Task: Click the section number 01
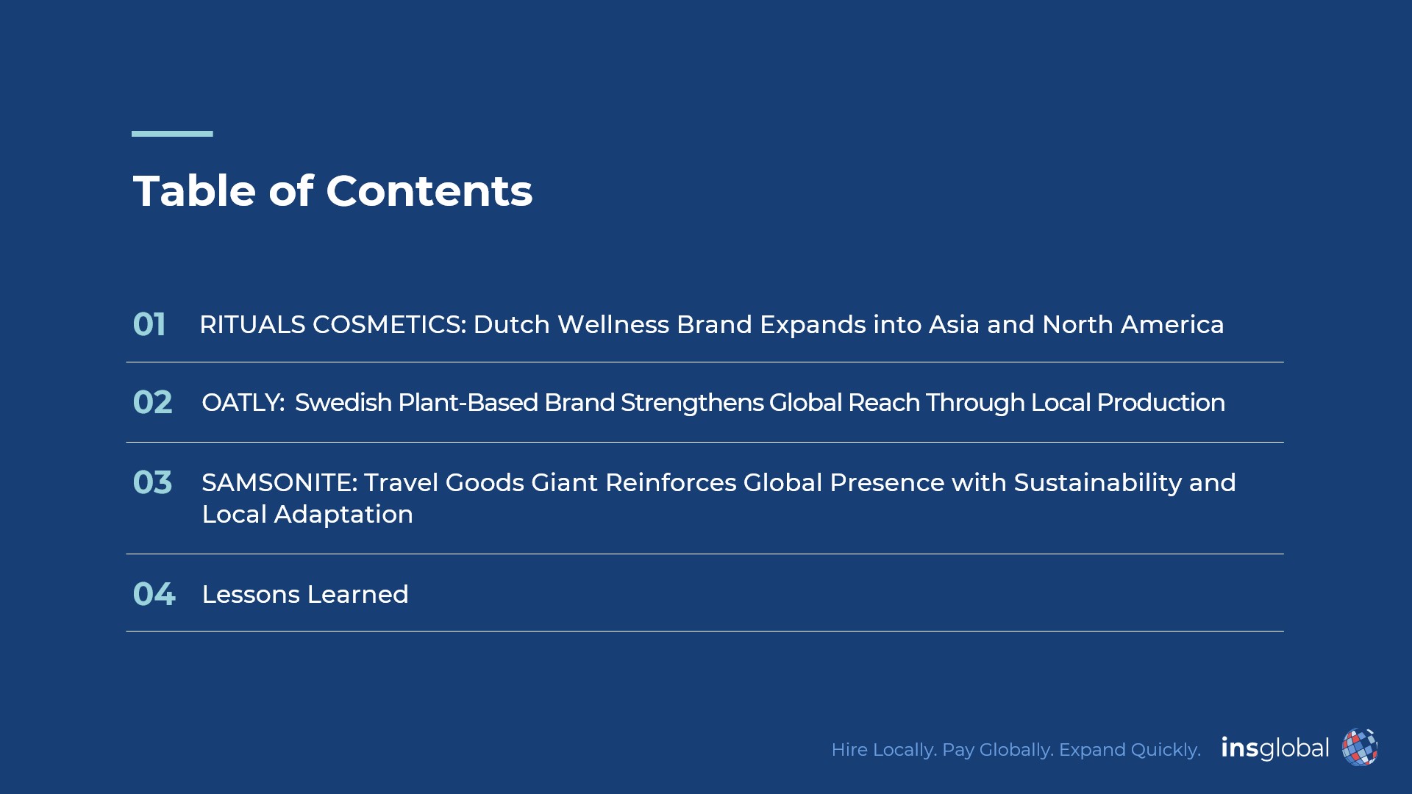149,324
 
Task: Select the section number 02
152,402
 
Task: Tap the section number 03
152,482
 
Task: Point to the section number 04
154,594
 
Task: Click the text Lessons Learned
305,594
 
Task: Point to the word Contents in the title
429,191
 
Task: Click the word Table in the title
194,191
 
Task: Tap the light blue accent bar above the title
172,134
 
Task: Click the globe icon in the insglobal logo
1360,748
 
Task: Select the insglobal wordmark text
1275,748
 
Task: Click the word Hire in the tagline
849,750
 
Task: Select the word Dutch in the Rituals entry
511,324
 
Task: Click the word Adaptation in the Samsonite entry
343,515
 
